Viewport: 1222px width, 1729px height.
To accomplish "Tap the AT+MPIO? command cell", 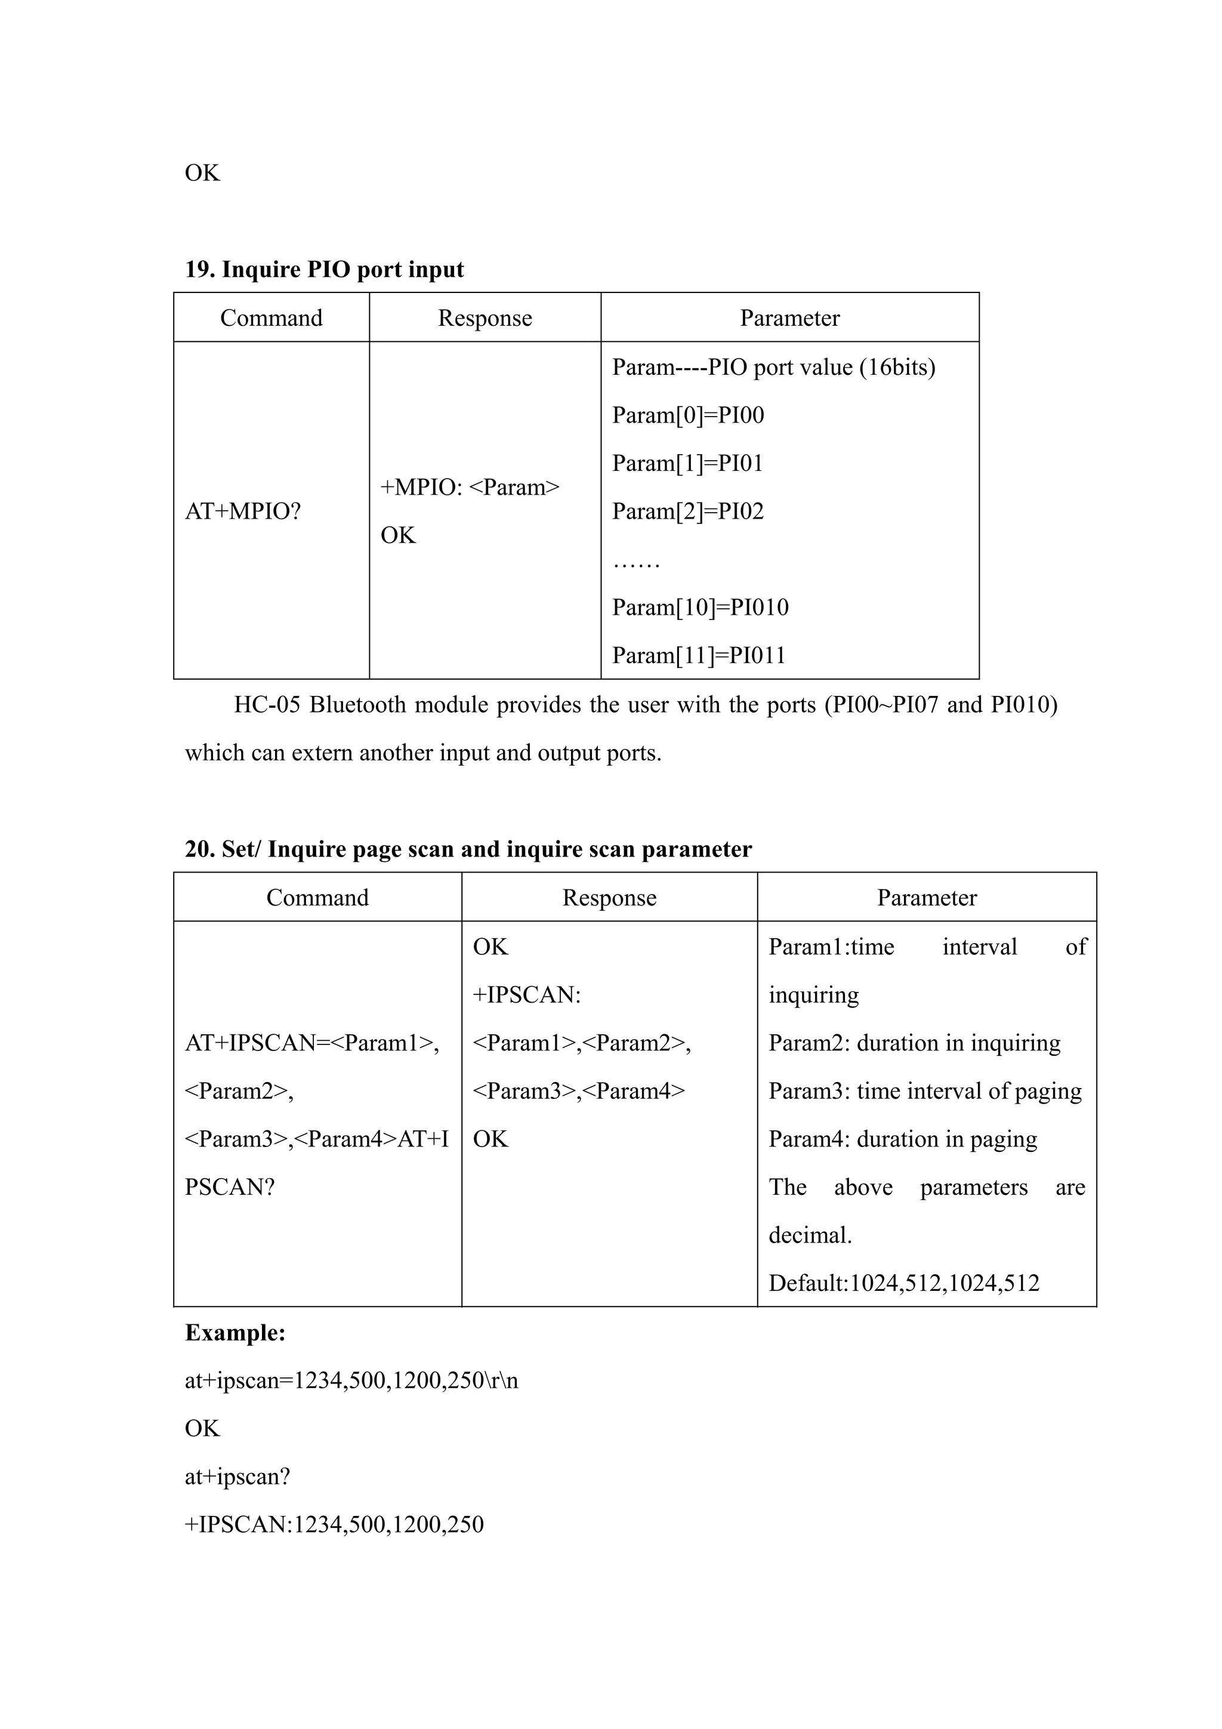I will click(x=242, y=511).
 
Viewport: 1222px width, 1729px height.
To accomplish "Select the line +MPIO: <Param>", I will click(x=470, y=487).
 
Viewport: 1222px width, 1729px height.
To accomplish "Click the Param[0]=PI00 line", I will click(x=687, y=415).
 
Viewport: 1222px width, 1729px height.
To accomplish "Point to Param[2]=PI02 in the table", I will click(x=687, y=511).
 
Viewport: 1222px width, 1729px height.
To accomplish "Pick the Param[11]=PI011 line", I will click(x=698, y=655).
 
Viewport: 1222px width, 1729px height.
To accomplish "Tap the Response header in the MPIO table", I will click(x=485, y=318).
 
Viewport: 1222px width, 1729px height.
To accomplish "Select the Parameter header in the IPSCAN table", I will click(x=926, y=898).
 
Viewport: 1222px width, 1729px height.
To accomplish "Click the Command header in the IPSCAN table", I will click(x=317, y=898).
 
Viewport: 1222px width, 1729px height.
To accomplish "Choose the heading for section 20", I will click(x=468, y=849).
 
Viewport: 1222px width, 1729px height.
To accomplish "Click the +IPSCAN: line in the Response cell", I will click(x=526, y=995).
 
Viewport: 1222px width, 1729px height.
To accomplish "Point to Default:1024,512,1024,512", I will click(x=903, y=1283).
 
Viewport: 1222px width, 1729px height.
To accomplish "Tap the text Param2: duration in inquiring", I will click(x=914, y=1043).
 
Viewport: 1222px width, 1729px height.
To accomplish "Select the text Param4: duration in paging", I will click(x=902, y=1139).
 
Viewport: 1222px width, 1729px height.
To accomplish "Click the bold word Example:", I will click(x=235, y=1333).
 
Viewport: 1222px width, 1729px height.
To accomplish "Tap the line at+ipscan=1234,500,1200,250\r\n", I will click(x=351, y=1380).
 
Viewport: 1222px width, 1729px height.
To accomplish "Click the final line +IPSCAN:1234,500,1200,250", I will click(x=334, y=1525).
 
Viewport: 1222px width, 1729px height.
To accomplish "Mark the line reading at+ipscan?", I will click(x=237, y=1477).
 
